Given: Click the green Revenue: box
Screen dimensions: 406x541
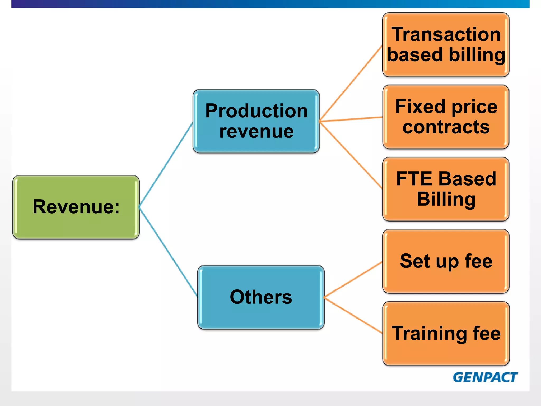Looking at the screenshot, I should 76,207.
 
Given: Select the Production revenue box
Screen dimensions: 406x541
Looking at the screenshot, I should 256,121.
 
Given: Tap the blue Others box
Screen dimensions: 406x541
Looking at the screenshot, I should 261,297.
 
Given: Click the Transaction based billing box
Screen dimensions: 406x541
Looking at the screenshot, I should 446,45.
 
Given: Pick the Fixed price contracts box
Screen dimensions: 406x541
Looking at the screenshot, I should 446,117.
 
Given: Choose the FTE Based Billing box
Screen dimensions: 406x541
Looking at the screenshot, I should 446,189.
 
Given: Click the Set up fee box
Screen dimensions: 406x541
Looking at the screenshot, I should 446,261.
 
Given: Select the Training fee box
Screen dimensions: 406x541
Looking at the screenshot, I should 446,333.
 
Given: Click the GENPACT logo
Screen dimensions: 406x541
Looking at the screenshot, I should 485,377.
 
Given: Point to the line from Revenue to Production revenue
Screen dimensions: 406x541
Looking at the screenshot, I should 166,165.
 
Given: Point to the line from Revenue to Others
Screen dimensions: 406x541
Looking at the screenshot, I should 168,251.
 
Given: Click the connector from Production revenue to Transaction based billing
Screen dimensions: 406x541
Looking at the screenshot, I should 351,84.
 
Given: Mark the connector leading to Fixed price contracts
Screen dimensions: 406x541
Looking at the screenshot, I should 351,119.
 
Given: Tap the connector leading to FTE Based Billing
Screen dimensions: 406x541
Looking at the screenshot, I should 351,155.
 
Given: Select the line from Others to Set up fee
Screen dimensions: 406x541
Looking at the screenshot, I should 353,279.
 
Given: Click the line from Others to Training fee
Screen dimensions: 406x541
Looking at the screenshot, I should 353,315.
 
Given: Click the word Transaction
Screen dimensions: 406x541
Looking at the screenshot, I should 446,35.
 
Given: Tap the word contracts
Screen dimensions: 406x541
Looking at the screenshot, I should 446,127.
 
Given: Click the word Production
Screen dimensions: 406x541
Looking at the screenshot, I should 256,111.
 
